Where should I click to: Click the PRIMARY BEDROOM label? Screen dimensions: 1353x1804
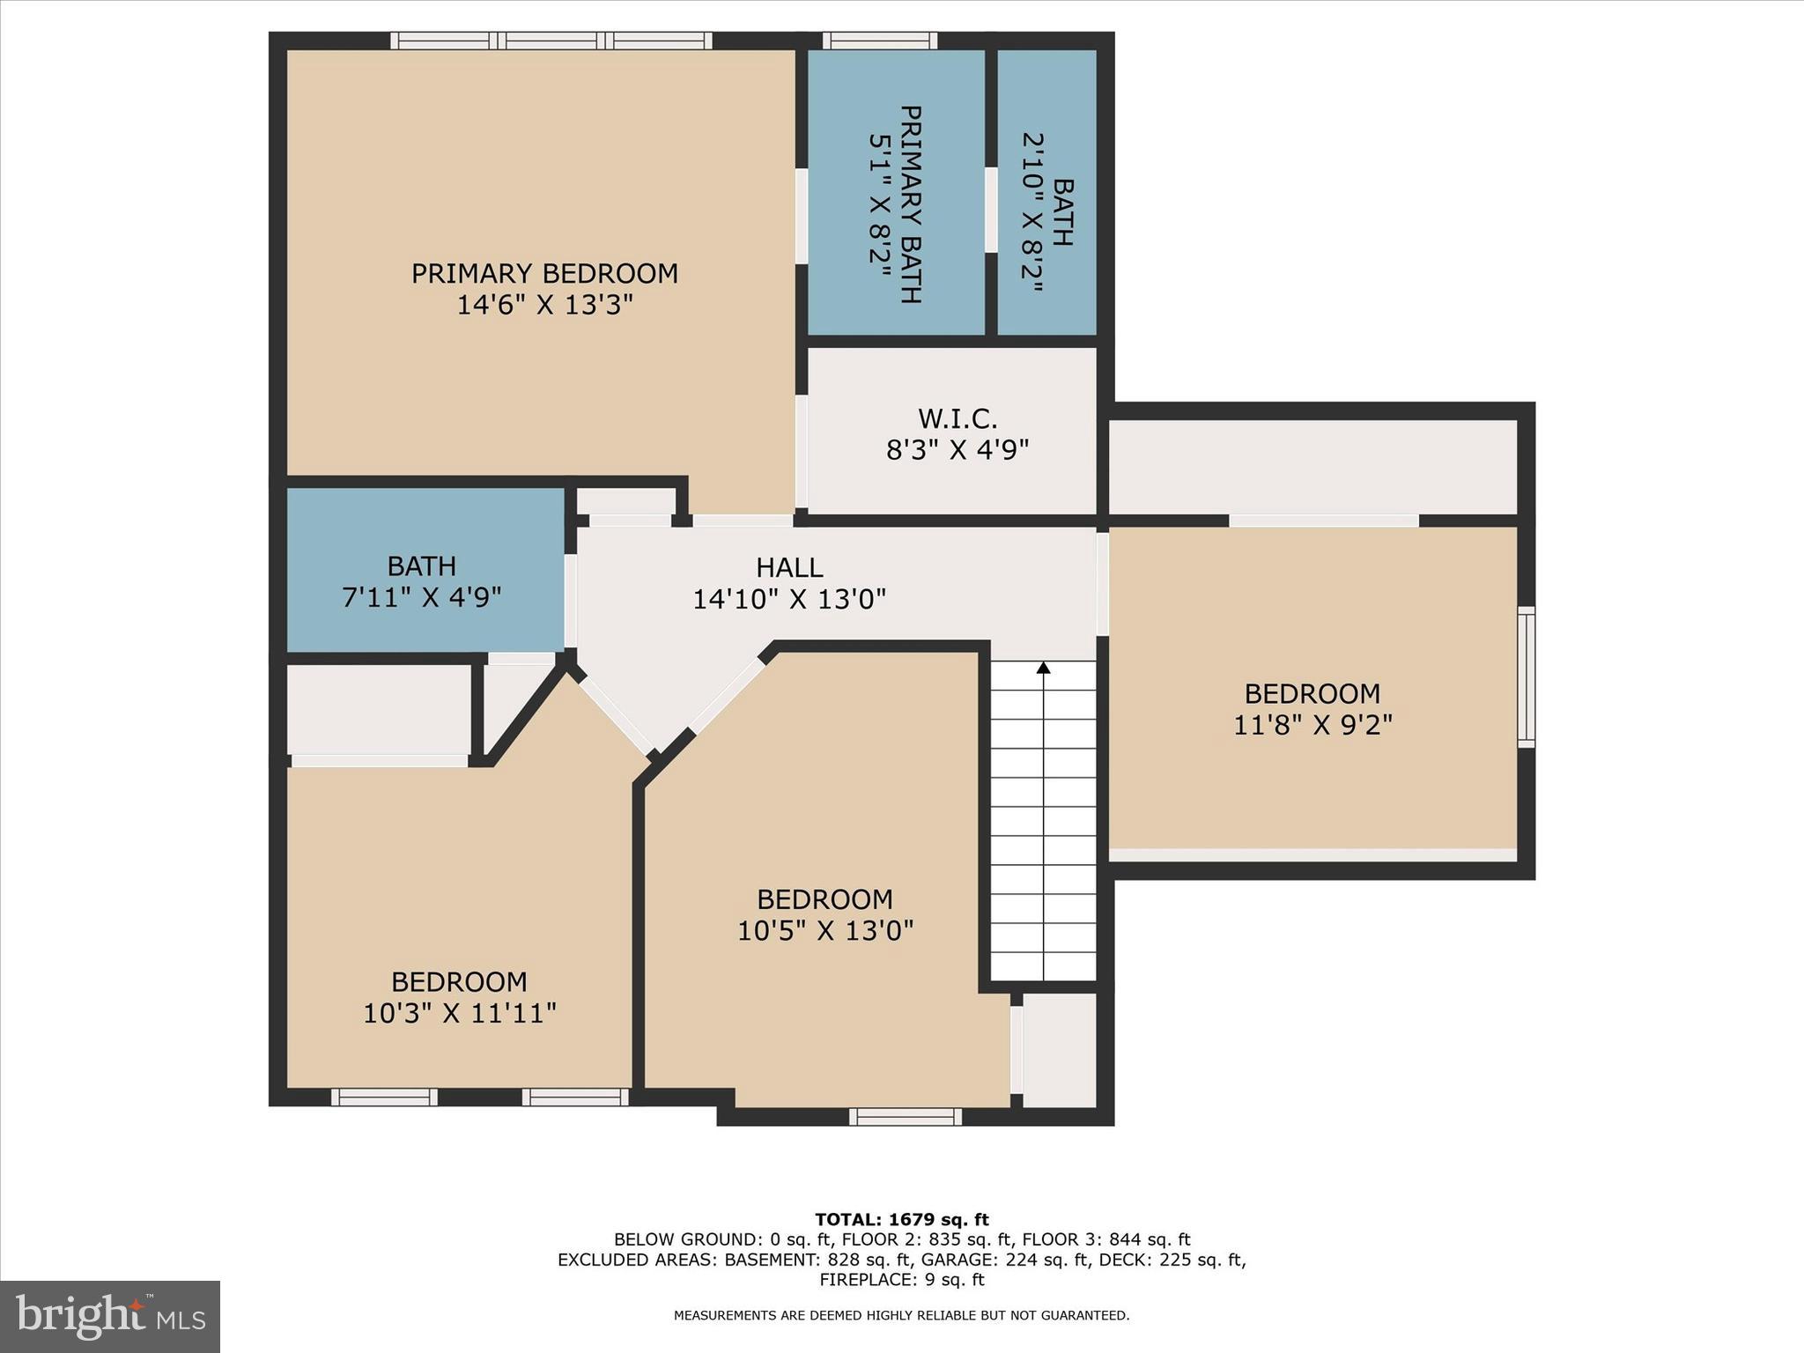point(544,273)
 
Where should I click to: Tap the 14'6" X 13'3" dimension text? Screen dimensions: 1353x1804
point(544,306)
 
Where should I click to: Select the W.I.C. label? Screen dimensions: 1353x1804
point(957,418)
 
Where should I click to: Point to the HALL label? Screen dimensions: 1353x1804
point(789,567)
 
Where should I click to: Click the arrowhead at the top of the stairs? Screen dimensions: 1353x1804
point(1044,668)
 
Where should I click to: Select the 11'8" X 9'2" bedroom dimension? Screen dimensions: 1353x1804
point(1312,726)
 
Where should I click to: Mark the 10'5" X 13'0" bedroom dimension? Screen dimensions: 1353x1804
point(825,931)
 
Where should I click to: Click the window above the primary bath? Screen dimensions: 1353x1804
point(879,40)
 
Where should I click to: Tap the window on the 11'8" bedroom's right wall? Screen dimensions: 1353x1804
point(1526,676)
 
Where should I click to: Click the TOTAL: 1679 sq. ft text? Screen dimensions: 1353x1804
point(901,1220)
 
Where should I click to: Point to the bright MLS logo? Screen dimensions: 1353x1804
point(110,1317)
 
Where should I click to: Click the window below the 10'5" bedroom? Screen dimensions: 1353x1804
point(906,1117)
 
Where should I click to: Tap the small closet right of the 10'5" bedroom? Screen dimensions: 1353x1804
point(1059,1050)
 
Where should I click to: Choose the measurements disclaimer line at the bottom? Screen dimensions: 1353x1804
point(901,1316)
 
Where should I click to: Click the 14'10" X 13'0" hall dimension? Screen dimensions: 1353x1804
point(789,600)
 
